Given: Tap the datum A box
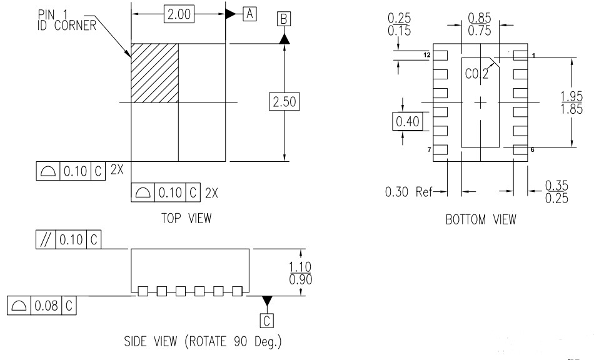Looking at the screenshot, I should [x=249, y=14].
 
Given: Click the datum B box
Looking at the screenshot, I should [x=284, y=20].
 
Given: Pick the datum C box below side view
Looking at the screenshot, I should [x=268, y=321].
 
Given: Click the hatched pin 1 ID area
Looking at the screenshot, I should [x=154, y=72].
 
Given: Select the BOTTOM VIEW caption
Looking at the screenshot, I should [x=481, y=219].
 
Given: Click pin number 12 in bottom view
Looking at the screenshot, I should [x=426, y=56].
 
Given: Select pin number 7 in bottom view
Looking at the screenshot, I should [x=428, y=151].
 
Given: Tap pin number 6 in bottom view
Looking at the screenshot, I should [x=532, y=151].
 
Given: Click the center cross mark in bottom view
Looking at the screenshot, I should [x=480, y=102].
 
